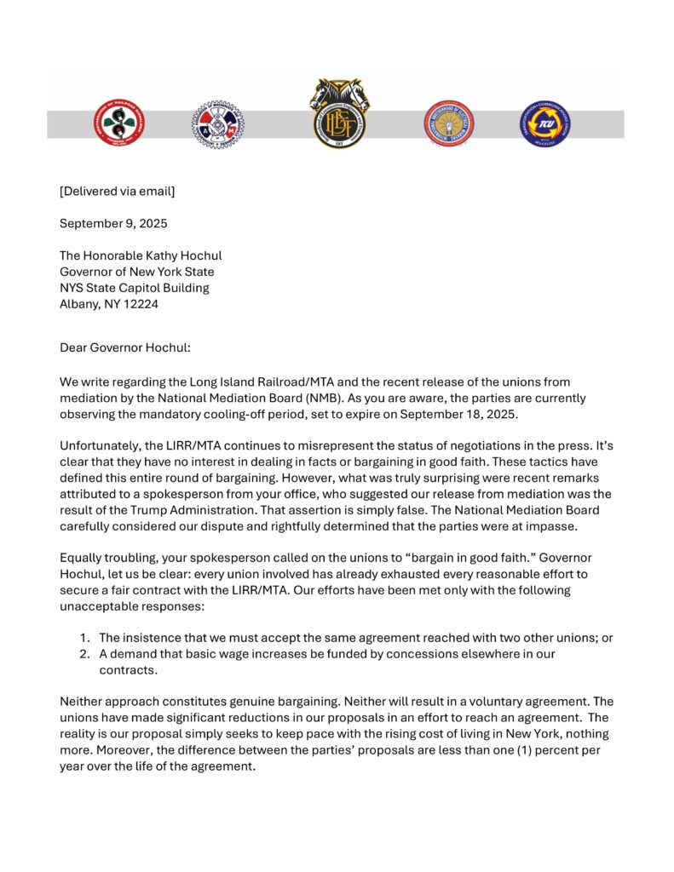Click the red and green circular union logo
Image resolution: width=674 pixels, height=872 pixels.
(119, 123)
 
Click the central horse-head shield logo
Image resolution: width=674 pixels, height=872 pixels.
(339, 112)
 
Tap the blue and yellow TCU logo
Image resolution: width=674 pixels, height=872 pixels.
(544, 123)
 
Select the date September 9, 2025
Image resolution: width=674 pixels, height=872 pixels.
(113, 223)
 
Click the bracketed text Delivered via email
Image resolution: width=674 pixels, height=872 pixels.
(117, 191)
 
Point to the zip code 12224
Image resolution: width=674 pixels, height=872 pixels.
(140, 304)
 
